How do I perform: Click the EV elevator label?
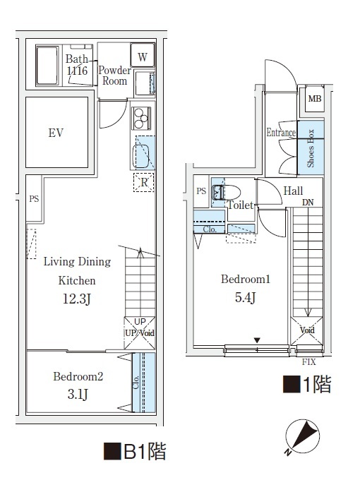pyautogui.click(x=56, y=133)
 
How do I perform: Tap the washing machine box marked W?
pyautogui.click(x=143, y=57)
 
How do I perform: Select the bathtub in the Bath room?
pyautogui.click(x=47, y=66)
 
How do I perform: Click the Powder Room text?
pyautogui.click(x=114, y=76)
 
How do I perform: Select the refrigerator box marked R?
pyautogui.click(x=144, y=182)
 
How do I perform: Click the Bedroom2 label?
pyautogui.click(x=78, y=377)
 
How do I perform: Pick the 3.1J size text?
pyautogui.click(x=78, y=395)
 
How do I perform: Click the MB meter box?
pyautogui.click(x=314, y=98)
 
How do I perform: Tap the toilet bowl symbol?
pyautogui.click(x=230, y=192)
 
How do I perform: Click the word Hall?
pyautogui.click(x=293, y=191)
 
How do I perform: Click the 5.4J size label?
pyautogui.click(x=245, y=297)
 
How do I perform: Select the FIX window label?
pyautogui.click(x=308, y=362)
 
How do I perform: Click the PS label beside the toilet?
pyautogui.click(x=201, y=191)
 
